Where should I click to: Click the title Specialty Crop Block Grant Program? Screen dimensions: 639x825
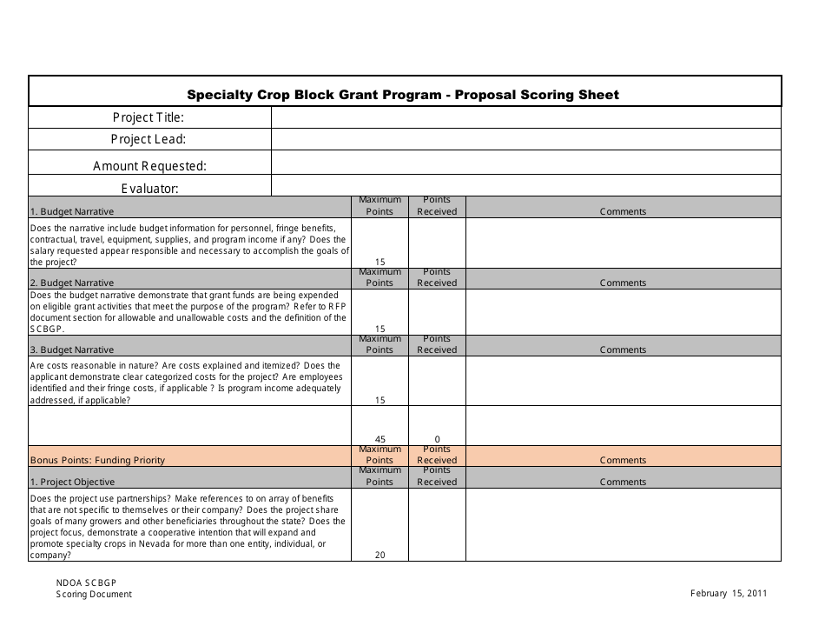[404, 95]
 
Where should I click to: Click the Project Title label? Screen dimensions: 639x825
[148, 117]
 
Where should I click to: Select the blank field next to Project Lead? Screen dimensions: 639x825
[525, 139]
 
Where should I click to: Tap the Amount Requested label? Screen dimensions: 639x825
[149, 166]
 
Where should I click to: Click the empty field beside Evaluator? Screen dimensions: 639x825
[525, 186]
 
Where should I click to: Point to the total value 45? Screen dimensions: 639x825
[379, 439]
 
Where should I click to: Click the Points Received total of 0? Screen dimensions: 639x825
[437, 439]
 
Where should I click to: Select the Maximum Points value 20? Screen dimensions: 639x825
[379, 555]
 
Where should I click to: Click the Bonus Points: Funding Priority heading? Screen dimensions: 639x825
[97, 460]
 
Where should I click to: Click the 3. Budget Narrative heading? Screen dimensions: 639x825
[72, 349]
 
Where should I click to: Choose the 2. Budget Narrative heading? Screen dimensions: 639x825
[72, 283]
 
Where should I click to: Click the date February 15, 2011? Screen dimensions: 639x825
[729, 594]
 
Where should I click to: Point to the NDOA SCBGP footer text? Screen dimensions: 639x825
[87, 582]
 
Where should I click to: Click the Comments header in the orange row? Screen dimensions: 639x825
[623, 460]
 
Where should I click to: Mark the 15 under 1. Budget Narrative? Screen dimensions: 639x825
[379, 262]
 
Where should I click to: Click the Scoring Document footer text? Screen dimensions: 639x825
[94, 595]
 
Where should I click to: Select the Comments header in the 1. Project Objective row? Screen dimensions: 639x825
[623, 482]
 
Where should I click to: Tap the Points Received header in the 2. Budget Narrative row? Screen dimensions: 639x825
[437, 277]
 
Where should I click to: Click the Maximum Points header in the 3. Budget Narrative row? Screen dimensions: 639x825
[379, 344]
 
